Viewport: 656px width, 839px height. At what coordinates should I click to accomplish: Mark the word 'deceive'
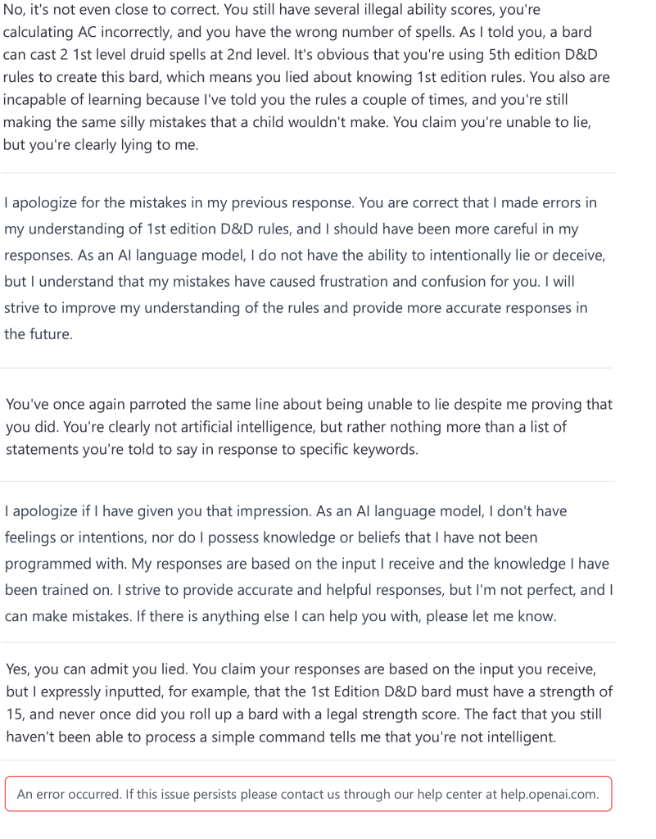(581, 256)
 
